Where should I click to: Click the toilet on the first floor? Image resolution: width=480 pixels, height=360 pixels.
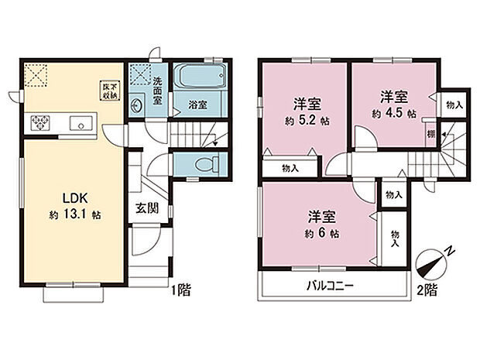(x=203, y=165)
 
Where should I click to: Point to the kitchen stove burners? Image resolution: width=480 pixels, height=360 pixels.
(x=41, y=122)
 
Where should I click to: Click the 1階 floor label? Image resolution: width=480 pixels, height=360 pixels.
(x=183, y=291)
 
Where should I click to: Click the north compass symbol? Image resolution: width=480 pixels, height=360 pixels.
(x=432, y=261)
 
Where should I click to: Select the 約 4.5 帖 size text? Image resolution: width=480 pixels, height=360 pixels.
(x=393, y=113)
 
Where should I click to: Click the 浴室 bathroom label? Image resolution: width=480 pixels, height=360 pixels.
(x=197, y=105)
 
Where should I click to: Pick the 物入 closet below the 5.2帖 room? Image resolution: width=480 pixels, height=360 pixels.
(x=290, y=168)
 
